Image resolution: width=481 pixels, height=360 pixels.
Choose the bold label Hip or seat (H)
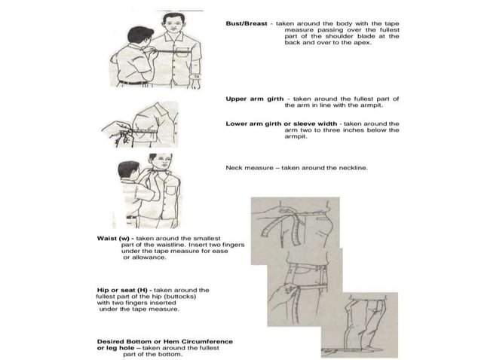click(x=123, y=289)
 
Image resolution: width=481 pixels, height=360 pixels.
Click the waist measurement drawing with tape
click(x=294, y=221)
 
